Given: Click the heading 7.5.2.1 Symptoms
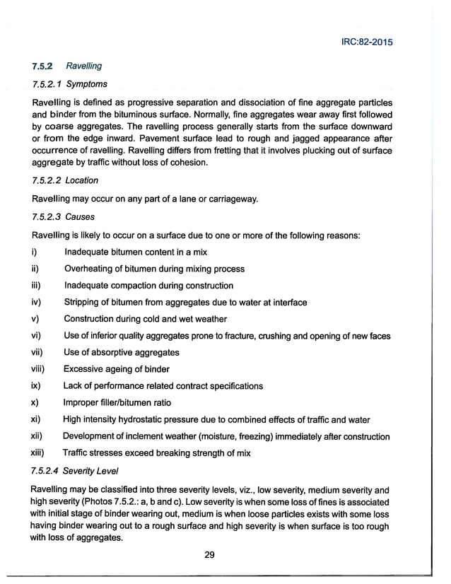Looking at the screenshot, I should [x=68, y=85].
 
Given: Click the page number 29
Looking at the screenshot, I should [x=209, y=554].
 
